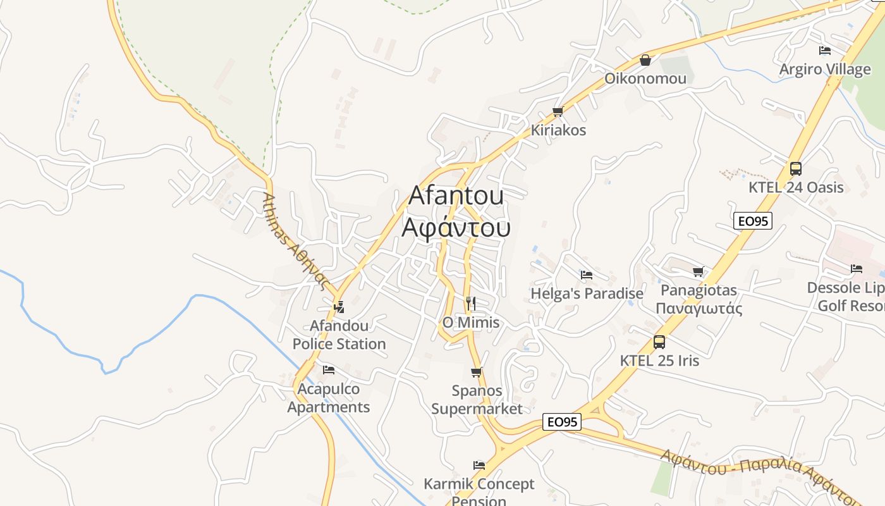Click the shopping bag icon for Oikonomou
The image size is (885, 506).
tap(645, 60)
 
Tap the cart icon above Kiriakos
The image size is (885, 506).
tap(558, 112)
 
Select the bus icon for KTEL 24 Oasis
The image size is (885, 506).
tap(796, 169)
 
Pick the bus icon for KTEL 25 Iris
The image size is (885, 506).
tap(659, 342)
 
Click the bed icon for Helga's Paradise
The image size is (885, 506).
tap(587, 275)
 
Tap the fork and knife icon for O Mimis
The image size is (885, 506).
tap(470, 304)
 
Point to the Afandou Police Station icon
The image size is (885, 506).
tap(339, 307)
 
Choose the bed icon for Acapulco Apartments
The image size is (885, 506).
tap(328, 370)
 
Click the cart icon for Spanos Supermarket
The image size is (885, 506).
tap(477, 373)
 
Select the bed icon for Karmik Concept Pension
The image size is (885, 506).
tap(479, 466)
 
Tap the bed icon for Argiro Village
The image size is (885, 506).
tap(825, 51)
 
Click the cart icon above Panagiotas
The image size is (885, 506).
tap(699, 272)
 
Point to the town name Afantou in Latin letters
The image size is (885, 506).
tap(456, 195)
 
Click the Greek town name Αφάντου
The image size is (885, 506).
tap(456, 228)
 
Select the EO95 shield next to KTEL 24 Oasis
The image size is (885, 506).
tap(753, 221)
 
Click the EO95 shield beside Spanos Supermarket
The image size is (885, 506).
tap(562, 422)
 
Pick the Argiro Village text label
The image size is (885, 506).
tap(825, 69)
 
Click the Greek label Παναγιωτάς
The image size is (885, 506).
tap(699, 309)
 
